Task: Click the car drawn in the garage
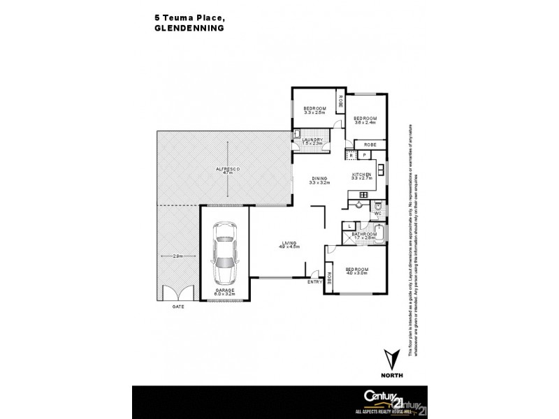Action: [x=225, y=252]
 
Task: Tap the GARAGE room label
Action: [x=225, y=291]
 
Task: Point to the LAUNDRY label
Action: [x=312, y=140]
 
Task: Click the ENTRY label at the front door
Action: [x=316, y=281]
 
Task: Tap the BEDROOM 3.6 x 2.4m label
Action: [x=365, y=120]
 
